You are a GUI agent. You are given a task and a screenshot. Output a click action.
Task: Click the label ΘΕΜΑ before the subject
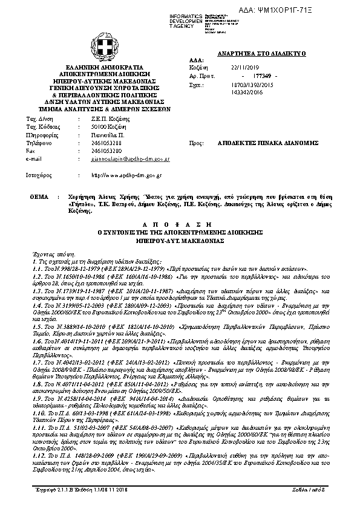pyautogui.click(x=39, y=197)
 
